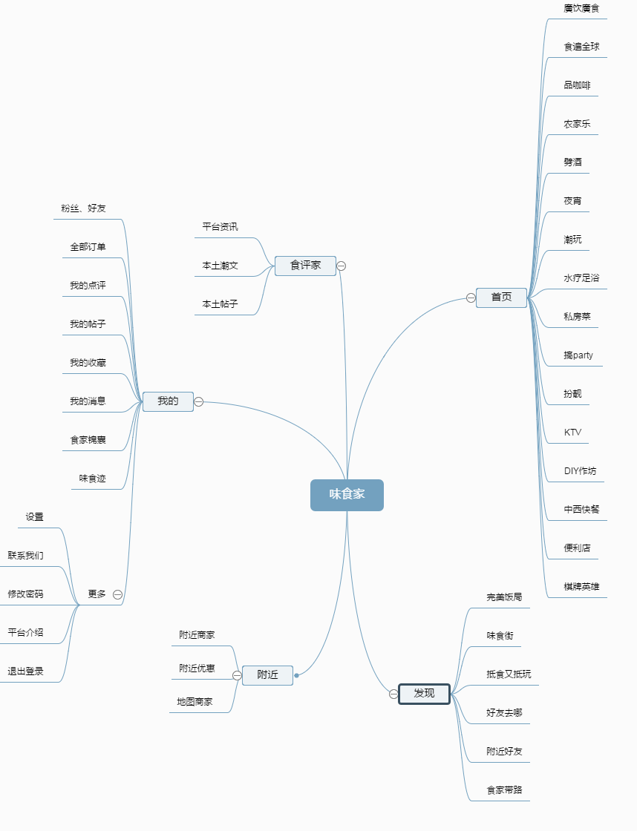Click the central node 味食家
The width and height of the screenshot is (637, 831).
(x=347, y=495)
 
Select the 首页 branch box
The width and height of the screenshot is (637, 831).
(x=501, y=298)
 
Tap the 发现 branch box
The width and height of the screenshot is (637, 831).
(x=424, y=694)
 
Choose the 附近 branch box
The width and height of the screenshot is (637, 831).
(x=267, y=675)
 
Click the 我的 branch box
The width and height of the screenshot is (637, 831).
(x=168, y=401)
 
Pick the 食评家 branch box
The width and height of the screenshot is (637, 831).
(x=305, y=265)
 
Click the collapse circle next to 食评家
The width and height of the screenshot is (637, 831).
(x=342, y=266)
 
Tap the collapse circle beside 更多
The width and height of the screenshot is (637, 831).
(x=117, y=594)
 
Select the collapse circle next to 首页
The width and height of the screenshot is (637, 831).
(x=471, y=298)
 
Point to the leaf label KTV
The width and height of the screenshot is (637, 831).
(x=572, y=433)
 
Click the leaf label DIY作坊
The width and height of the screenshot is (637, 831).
(x=580, y=471)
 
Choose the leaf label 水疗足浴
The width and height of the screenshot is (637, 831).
(x=581, y=278)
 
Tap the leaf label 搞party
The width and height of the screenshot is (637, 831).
(x=578, y=355)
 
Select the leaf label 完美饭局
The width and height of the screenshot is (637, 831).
(x=504, y=597)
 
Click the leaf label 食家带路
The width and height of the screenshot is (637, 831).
(x=504, y=790)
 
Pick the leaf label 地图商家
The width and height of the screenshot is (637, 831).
(x=195, y=702)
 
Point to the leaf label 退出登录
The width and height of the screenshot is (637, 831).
(x=26, y=671)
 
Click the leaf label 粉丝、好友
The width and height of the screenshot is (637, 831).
(x=83, y=208)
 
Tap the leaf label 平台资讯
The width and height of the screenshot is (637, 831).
(x=220, y=227)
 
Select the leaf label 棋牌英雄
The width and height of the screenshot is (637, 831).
(x=581, y=587)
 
